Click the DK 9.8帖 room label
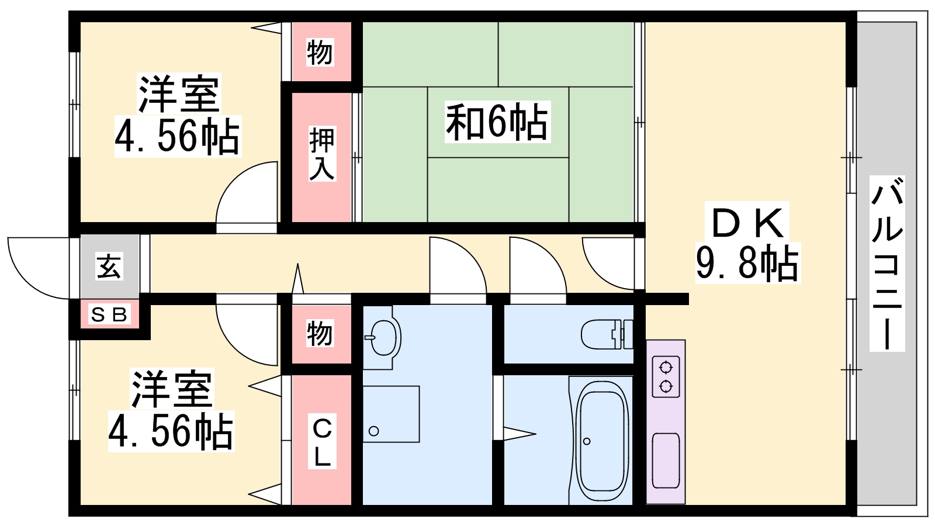coord(747,243)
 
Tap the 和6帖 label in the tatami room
coord(497,122)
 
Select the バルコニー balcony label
coord(887,263)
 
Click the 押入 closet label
coord(321,154)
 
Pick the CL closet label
coord(321,442)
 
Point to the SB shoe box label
coord(109,315)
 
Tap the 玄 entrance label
coord(109,267)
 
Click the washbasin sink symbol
coord(383,337)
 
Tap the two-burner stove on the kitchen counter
coord(666,377)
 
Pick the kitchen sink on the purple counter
coord(666,460)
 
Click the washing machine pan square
coord(391,414)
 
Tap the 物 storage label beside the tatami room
coord(320,53)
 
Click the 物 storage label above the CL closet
coord(320,334)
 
